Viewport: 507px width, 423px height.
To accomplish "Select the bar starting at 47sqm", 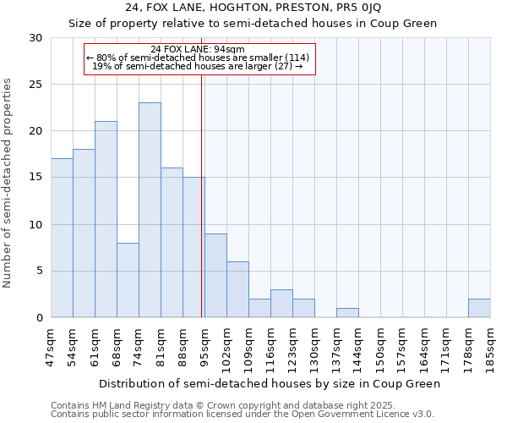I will [62, 238].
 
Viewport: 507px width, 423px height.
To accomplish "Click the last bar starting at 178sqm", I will [479, 308].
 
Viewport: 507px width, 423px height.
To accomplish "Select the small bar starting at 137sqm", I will [347, 313].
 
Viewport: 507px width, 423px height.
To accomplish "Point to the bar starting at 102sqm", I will [237, 289].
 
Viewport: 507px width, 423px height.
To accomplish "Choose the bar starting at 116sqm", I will [281, 304].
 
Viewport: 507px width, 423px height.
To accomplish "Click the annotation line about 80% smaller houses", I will [198, 58].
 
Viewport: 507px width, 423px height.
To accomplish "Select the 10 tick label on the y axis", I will [35, 225].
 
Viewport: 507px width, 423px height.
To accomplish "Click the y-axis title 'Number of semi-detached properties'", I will [8, 183].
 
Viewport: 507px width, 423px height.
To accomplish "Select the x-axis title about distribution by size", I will [270, 383].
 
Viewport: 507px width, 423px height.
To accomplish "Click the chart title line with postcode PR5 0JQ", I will [253, 8].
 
